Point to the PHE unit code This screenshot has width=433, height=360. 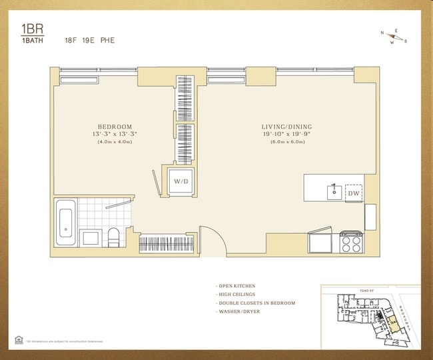[107, 40]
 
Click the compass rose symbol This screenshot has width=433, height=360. [393, 37]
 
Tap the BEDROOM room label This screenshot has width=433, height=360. [115, 127]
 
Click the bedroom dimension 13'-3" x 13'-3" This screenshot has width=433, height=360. [115, 134]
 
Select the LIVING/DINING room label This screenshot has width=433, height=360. [287, 127]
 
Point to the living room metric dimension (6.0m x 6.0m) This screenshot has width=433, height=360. [287, 141]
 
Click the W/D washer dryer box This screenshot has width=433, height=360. [181, 181]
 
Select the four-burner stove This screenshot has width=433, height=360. [350, 243]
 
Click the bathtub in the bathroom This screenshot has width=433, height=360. [66, 223]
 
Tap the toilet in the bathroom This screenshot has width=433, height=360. [114, 237]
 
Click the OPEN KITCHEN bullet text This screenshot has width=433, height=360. [237, 286]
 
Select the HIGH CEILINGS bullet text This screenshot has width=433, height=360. [237, 295]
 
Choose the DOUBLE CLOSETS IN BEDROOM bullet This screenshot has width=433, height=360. [256, 303]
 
